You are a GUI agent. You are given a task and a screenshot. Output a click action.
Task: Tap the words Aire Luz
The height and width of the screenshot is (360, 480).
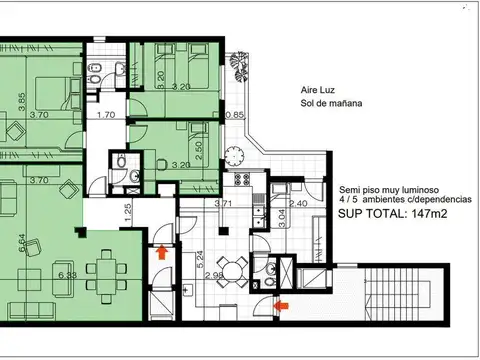click(319, 88)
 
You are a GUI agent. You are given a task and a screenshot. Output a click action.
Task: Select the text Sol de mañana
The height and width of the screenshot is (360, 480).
click(332, 103)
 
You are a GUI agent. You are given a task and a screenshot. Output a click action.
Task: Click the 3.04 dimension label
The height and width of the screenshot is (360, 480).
click(281, 218)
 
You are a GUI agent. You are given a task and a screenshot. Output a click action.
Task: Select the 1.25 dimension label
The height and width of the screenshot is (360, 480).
click(129, 212)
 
